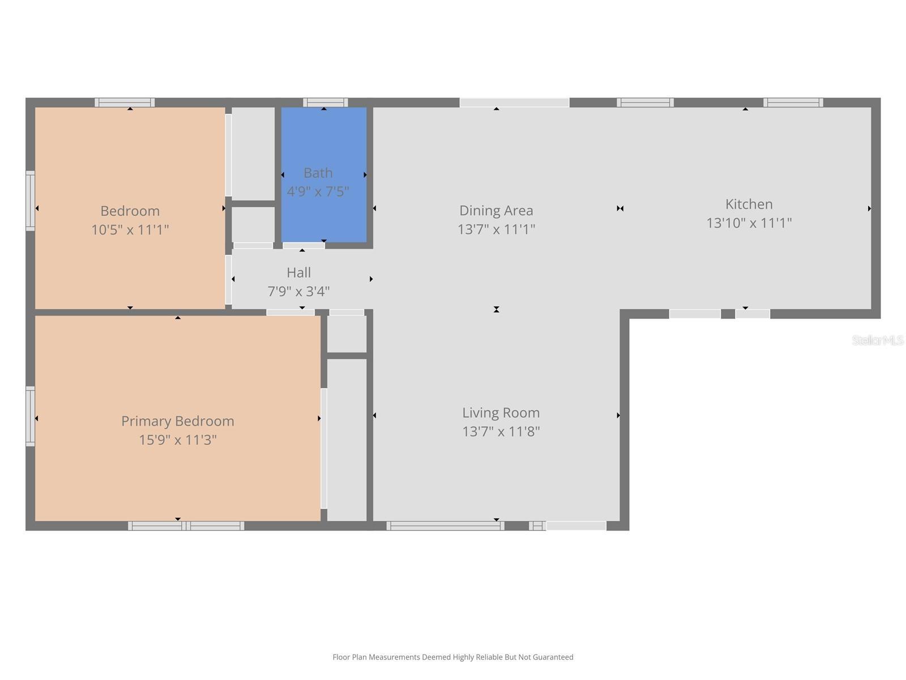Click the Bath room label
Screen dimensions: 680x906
(318, 173)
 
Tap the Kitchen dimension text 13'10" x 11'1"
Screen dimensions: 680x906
(749, 223)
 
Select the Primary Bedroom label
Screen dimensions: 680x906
(177, 421)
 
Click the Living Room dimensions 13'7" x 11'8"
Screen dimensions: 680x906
(501, 431)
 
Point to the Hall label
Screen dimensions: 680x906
(298, 273)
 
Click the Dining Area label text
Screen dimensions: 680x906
(496, 211)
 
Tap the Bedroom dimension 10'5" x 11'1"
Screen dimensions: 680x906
(130, 229)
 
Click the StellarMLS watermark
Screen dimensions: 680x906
(877, 340)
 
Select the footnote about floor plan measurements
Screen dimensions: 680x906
(452, 657)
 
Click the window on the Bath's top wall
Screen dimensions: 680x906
(325, 103)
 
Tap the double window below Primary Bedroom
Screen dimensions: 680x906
(186, 526)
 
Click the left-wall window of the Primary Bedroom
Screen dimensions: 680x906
(31, 416)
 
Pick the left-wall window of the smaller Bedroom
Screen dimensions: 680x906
(31, 201)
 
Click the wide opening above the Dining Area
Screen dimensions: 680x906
(514, 103)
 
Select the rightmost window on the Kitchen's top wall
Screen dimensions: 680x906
(793, 103)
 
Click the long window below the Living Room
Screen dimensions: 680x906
(445, 526)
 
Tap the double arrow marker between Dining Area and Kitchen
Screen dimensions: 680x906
(620, 209)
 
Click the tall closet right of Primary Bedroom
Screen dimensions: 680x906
(347, 439)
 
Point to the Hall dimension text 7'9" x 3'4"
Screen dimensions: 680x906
(298, 291)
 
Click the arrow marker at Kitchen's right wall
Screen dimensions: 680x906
(869, 209)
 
